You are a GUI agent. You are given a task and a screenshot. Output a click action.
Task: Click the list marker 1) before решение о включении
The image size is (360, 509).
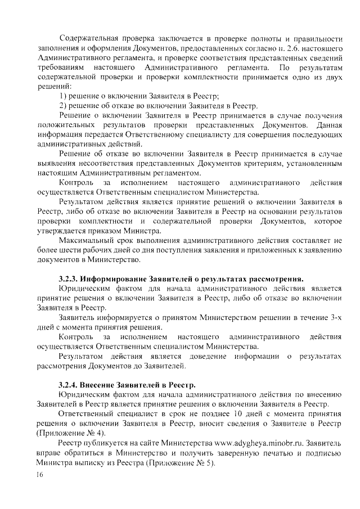tap(63, 96)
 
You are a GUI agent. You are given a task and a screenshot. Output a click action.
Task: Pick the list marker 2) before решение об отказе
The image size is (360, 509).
tap(63, 106)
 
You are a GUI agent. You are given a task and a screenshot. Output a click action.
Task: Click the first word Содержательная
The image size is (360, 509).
tap(88, 38)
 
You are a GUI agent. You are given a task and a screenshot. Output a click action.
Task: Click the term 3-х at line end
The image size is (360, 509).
tap(335, 318)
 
